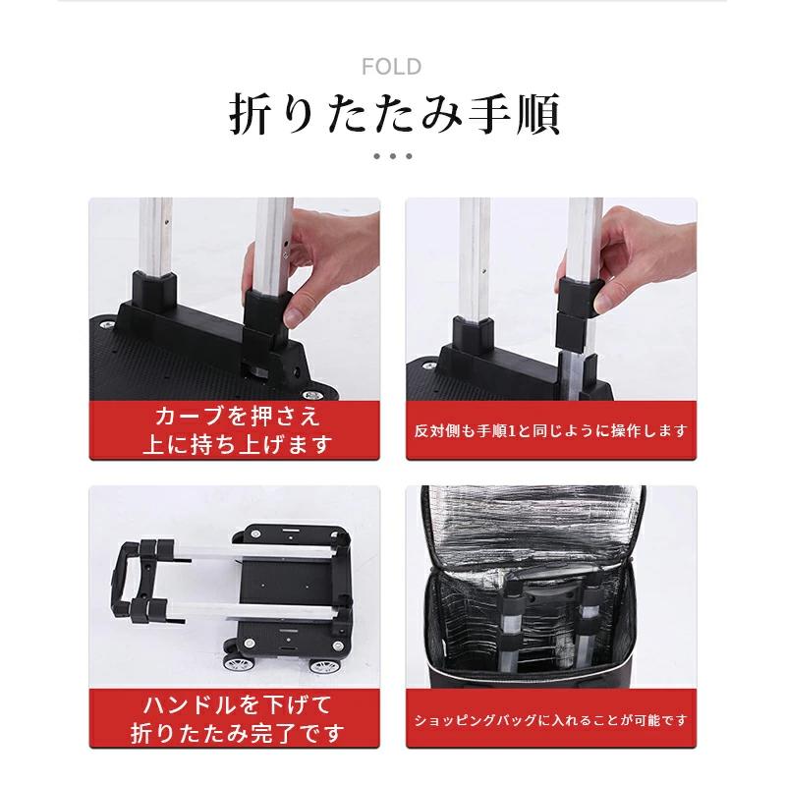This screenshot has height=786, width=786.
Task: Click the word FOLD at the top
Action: [x=391, y=67]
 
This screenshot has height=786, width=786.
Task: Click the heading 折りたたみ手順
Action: [x=395, y=115]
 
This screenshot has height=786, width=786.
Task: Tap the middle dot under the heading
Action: [x=392, y=156]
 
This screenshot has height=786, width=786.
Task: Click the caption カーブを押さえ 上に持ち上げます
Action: [x=237, y=430]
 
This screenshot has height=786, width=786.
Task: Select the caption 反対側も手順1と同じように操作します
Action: [x=550, y=430]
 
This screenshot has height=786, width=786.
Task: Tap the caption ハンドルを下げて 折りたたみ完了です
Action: [x=237, y=719]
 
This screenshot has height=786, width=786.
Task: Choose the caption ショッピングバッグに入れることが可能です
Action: [x=550, y=720]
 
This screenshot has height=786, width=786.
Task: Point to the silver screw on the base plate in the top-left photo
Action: [x=106, y=325]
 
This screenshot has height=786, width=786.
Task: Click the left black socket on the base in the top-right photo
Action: [x=473, y=335]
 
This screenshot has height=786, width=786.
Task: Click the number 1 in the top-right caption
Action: [x=512, y=431]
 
